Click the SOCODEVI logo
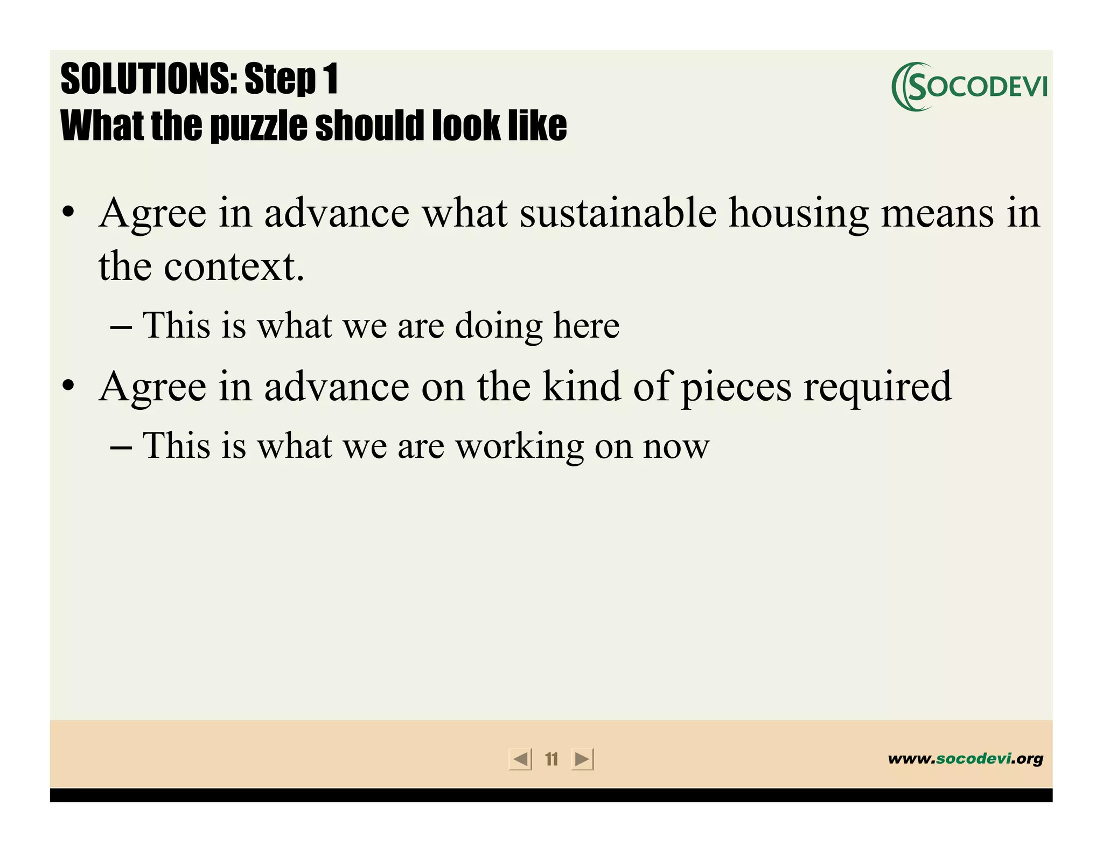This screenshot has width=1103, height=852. (969, 87)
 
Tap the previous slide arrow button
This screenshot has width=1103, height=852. (520, 759)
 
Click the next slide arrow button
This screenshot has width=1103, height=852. (582, 759)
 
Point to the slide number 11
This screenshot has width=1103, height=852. (551, 759)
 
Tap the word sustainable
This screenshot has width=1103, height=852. (618, 213)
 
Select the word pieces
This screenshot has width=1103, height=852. (736, 387)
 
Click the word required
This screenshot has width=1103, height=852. (877, 387)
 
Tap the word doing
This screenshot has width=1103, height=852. (499, 326)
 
